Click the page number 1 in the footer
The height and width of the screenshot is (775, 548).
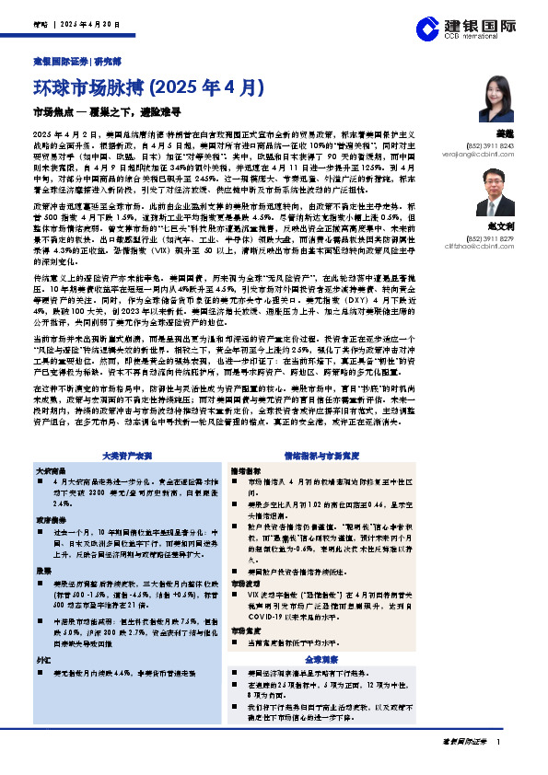(498, 741)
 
